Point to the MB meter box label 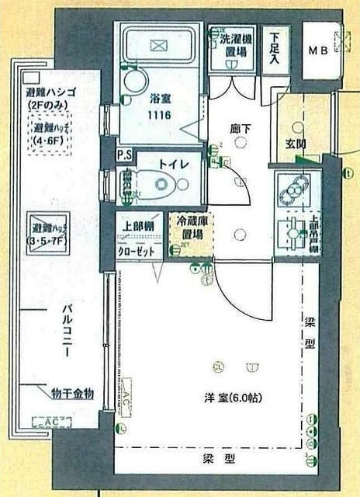tap(319, 51)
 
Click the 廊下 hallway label tap(237, 122)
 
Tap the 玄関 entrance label tap(296, 144)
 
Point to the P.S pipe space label tap(123, 155)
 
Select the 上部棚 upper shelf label tap(139, 228)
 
